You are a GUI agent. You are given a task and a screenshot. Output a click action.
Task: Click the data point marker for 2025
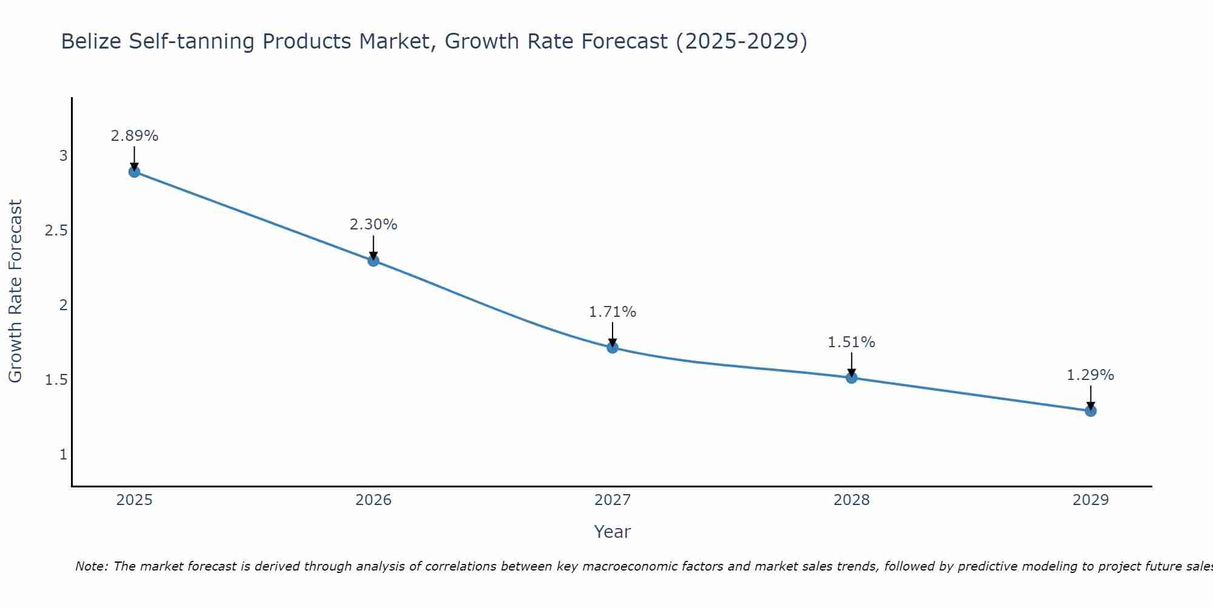pos(134,172)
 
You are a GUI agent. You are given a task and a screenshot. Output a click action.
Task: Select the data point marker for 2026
pos(374,261)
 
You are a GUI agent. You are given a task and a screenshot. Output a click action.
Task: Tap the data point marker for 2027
pos(613,348)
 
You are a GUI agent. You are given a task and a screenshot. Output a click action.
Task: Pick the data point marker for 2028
pos(852,378)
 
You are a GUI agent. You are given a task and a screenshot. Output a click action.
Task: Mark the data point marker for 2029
pos(1090,411)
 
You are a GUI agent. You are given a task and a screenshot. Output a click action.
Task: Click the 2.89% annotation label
pos(134,136)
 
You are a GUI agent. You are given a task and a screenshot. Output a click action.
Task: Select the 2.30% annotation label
pos(374,225)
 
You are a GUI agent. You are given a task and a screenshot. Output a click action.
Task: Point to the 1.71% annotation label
pos(613,312)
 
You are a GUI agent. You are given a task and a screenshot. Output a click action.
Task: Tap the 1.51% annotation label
pos(852,342)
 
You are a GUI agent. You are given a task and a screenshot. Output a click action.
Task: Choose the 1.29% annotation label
pos(1090,375)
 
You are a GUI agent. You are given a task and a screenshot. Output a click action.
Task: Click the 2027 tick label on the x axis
pos(613,500)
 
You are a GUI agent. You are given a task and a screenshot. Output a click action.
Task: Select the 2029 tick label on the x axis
pos(1090,500)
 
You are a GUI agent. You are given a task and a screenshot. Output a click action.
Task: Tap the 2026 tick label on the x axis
pos(374,500)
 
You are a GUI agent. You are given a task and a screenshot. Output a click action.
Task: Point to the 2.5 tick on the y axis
pos(56,231)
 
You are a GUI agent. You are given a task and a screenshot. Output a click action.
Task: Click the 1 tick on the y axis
pos(63,454)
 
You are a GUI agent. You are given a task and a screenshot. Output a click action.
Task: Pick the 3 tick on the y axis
pos(63,156)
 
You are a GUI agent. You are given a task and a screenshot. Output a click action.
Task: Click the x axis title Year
pos(613,532)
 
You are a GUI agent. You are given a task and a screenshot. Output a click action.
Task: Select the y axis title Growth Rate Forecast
pos(15,291)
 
